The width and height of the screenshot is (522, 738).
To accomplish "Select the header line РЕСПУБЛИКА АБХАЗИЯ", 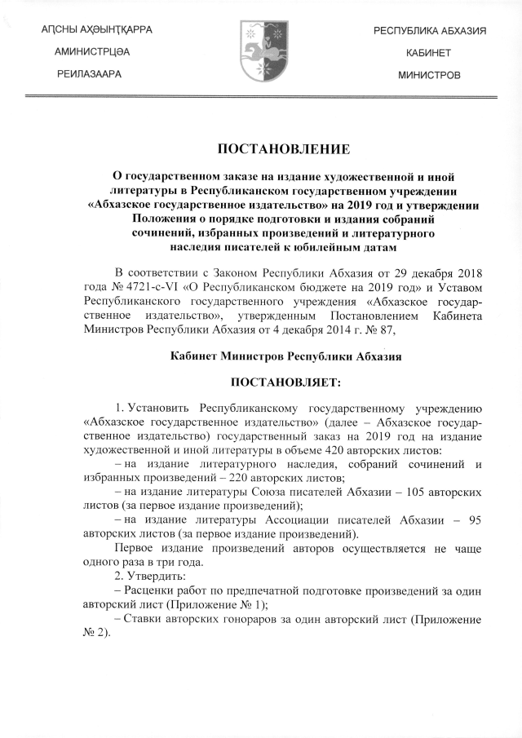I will coord(430,30).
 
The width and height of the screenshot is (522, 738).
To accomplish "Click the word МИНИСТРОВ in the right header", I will coord(430,74).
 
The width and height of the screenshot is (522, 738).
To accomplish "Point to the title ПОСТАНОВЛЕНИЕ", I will coord(261,148).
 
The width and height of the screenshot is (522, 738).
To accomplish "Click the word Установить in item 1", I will coord(165,408).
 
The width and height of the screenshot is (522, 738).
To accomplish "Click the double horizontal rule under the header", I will coord(261,98).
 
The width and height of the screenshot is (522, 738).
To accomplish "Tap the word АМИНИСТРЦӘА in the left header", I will coord(90,52).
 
